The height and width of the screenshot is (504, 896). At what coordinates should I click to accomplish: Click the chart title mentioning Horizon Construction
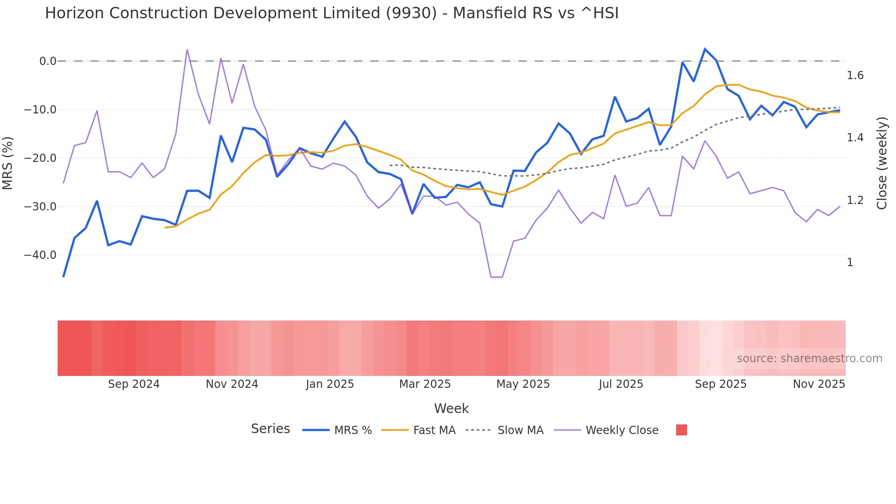coord(331,13)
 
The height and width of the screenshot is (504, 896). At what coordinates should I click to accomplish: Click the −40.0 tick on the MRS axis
coord(40,255)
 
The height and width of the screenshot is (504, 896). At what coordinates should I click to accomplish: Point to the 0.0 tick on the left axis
coord(48,61)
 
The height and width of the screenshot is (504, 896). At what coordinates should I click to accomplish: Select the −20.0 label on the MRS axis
coord(40,158)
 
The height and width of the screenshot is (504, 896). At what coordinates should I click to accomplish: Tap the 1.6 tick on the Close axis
coord(855,75)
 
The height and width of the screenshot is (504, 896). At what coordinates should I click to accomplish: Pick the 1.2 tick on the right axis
coord(855,200)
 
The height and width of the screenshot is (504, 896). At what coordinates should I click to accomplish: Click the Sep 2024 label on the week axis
coord(133,384)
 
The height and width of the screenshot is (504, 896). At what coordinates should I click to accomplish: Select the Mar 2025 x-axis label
coord(425,384)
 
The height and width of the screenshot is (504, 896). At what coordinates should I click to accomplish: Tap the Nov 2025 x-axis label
coord(819,384)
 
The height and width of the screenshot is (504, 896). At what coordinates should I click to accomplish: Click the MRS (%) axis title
coord(8,163)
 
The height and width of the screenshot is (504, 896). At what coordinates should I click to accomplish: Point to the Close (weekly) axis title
coord(882,163)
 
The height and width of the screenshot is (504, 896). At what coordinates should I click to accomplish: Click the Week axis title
coord(451,408)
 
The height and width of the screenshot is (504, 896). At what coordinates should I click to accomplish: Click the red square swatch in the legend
coord(681,430)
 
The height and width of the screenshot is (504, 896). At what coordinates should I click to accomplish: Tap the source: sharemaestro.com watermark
coord(809,359)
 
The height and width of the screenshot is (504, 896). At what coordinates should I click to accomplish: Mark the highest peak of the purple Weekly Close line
coord(187,49)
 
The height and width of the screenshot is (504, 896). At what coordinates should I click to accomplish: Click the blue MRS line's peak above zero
coord(705,49)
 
